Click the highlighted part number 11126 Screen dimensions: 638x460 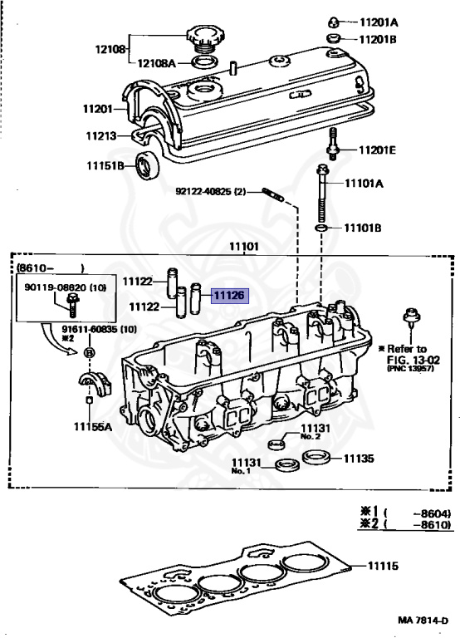(229, 294)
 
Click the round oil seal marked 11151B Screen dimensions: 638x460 (150, 166)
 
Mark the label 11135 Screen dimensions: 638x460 (359, 458)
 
